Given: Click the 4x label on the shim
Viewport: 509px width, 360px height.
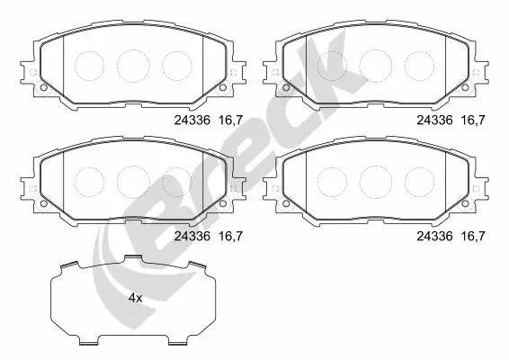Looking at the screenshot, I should pyautogui.click(x=135, y=297).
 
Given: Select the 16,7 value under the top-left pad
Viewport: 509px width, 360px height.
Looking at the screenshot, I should pyautogui.click(x=232, y=118).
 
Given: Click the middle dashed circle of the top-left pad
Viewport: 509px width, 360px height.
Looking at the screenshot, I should pyautogui.click(x=133, y=63).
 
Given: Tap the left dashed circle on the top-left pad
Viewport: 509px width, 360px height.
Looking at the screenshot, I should pyautogui.click(x=90, y=63).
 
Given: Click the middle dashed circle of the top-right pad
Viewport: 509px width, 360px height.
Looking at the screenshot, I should pyautogui.click(x=376, y=63).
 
